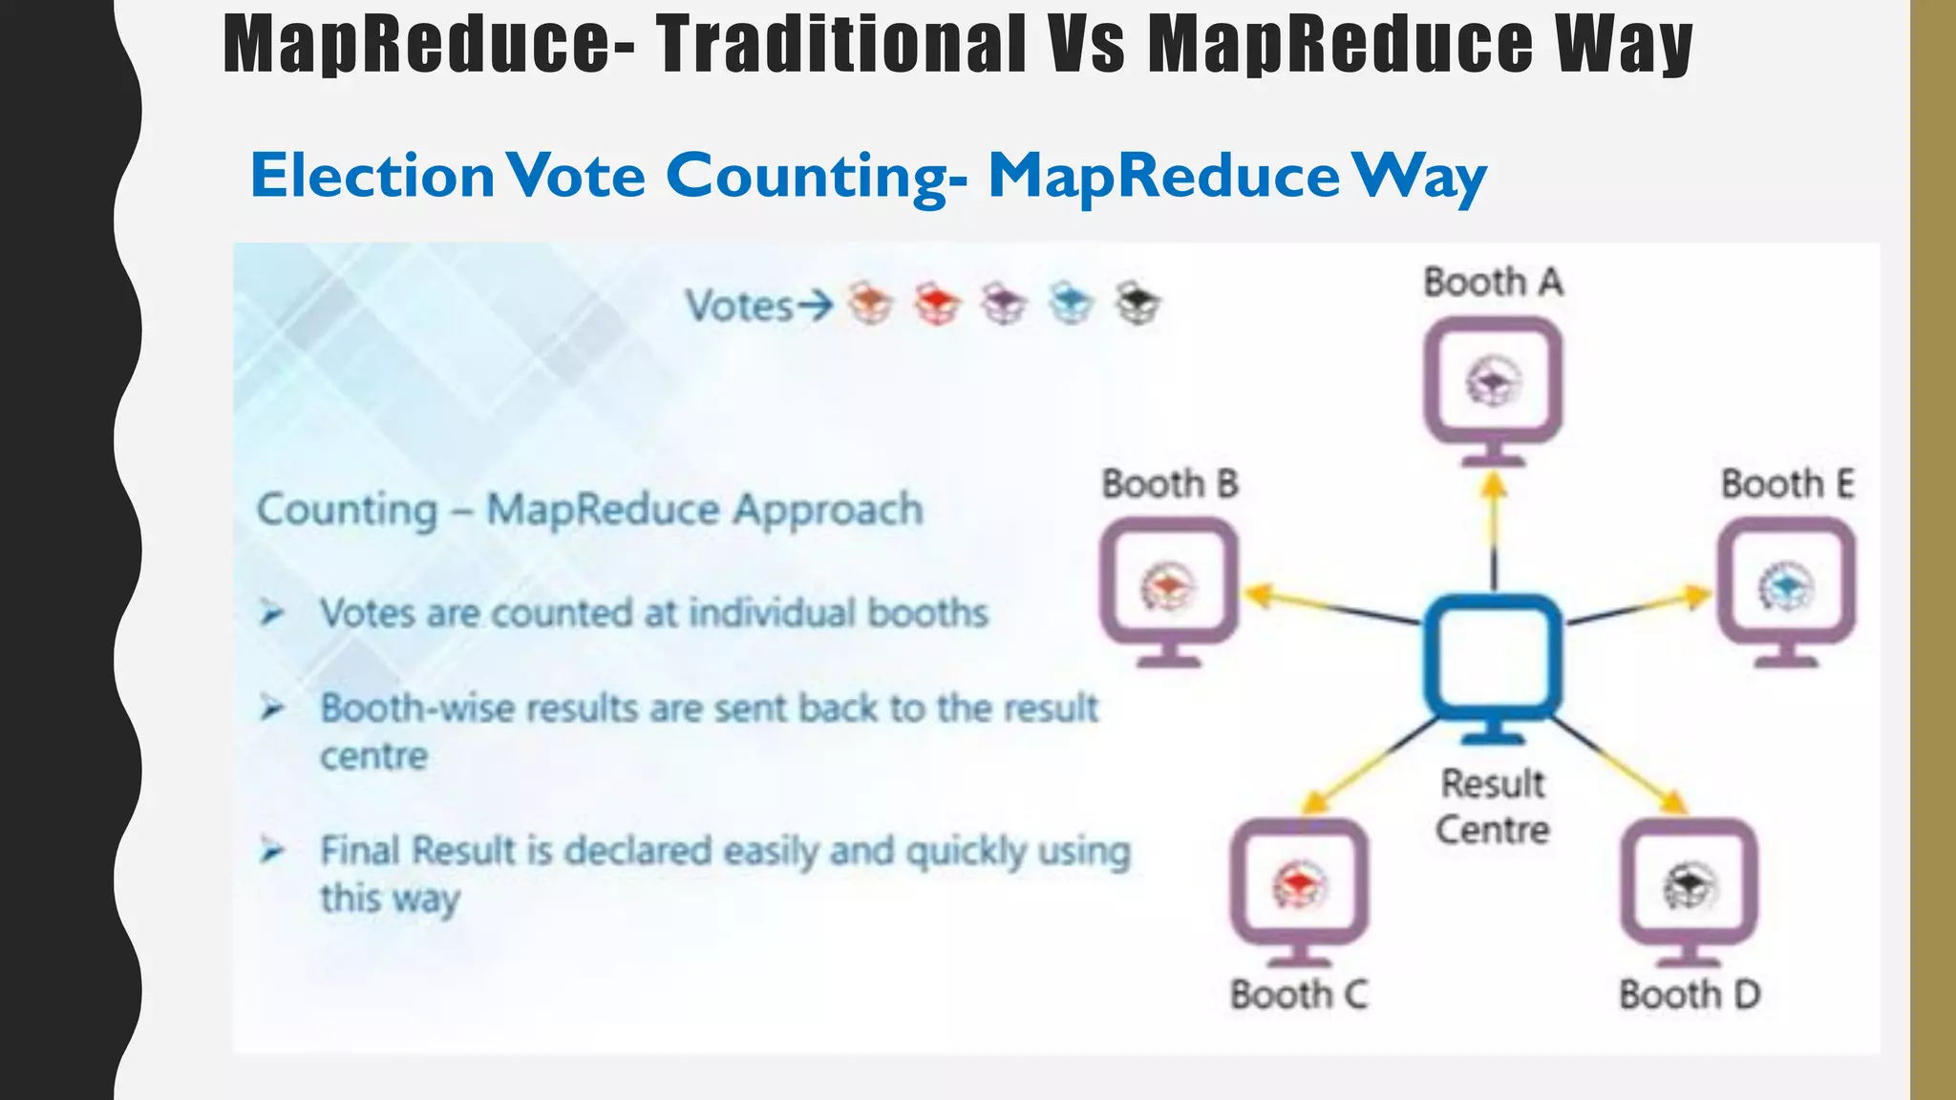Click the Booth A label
click(1493, 283)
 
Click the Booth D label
click(1690, 995)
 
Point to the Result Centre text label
click(1493, 807)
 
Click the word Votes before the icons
click(739, 307)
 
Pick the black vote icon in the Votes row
click(1137, 304)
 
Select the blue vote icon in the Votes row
click(1070, 304)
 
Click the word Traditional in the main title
click(840, 44)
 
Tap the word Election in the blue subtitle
click(372, 176)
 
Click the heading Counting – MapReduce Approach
click(590, 510)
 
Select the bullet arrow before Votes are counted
click(272, 612)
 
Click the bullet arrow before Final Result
click(272, 850)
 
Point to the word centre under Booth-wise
click(373, 756)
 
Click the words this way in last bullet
click(390, 899)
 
